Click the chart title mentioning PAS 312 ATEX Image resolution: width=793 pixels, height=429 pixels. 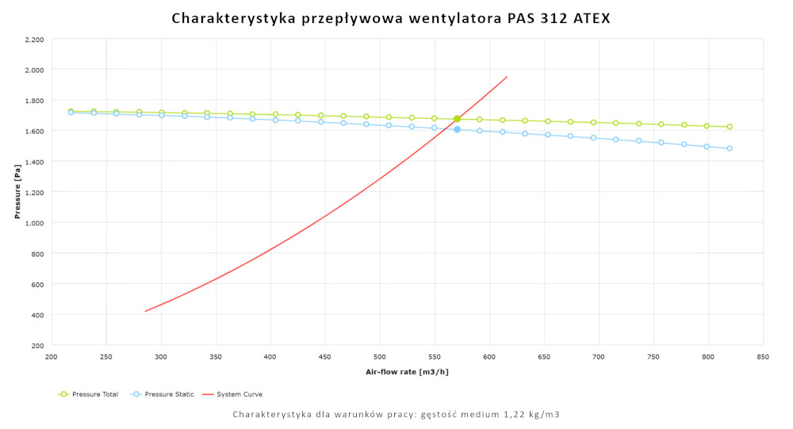click(x=391, y=18)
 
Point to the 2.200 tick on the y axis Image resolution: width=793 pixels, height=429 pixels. click(x=34, y=40)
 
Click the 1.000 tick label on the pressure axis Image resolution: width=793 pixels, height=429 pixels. click(x=34, y=223)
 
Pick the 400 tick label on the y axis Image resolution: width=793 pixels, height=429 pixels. click(x=37, y=315)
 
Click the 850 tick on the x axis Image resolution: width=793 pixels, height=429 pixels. click(x=763, y=358)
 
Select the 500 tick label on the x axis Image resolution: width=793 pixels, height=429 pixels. click(x=380, y=358)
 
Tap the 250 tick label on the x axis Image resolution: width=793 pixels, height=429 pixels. click(x=106, y=358)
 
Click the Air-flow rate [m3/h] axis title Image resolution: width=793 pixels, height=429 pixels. click(x=407, y=371)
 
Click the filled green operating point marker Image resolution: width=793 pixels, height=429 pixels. click(x=457, y=119)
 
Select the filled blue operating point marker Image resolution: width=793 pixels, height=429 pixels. click(x=457, y=129)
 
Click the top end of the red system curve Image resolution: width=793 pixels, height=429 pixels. click(x=507, y=77)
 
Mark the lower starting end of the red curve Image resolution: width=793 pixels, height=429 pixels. click(x=146, y=311)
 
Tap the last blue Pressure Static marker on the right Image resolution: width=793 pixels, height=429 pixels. click(x=730, y=148)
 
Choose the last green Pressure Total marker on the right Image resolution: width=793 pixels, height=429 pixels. click(x=730, y=127)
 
